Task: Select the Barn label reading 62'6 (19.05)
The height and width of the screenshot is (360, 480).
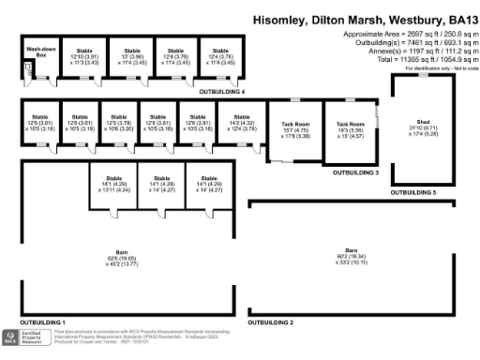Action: pyautogui.click(x=121, y=257)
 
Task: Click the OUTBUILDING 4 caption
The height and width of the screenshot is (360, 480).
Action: pyautogui.click(x=222, y=93)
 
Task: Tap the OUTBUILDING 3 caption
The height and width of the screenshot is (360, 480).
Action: pyautogui.click(x=355, y=172)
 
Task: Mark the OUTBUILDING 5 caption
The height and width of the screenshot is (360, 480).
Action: pyautogui.click(x=413, y=192)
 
